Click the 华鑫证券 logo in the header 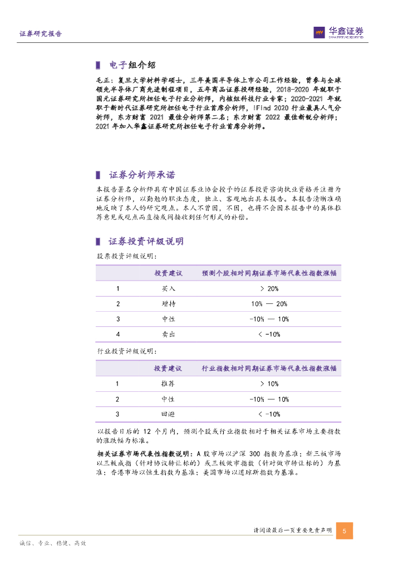point(338,33)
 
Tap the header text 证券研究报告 point(41,34)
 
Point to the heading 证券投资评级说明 point(146,241)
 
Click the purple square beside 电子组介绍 point(98,64)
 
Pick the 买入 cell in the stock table point(169,289)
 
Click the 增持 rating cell point(169,304)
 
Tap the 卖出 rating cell point(169,334)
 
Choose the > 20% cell point(269,289)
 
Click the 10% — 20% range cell point(269,304)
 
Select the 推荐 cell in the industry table point(169,384)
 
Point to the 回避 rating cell point(169,414)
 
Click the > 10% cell point(269,384)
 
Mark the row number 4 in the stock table point(118,334)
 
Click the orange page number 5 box point(345,530)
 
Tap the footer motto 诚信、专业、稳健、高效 point(52,543)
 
